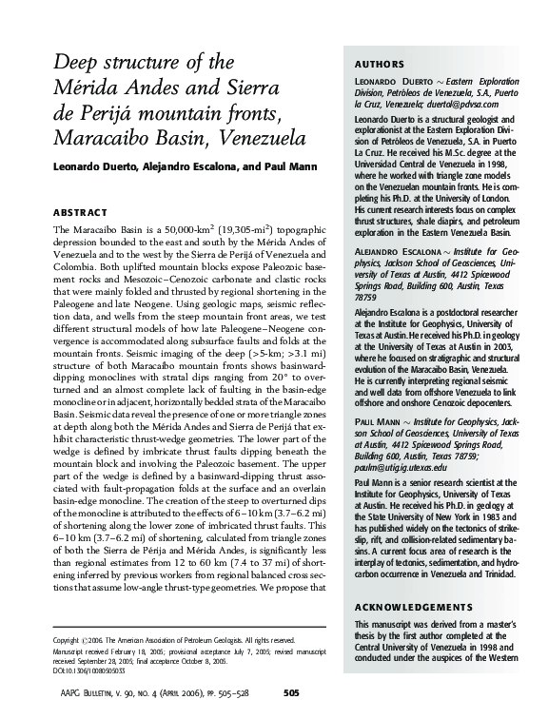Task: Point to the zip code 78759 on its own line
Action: coord(368,296)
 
